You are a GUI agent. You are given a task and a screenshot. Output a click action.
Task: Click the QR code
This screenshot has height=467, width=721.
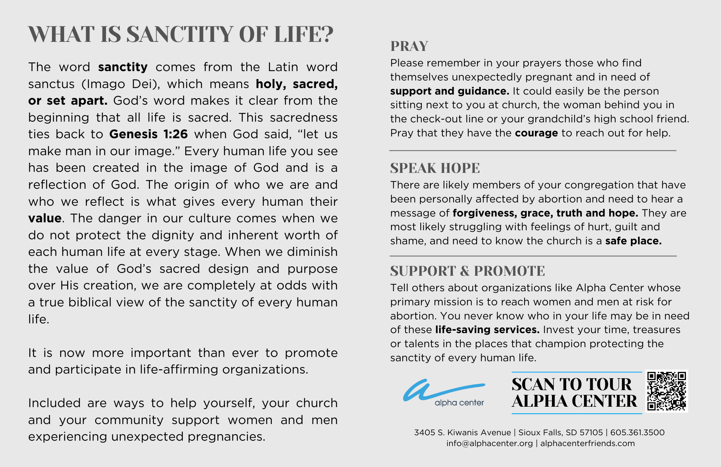(x=667, y=391)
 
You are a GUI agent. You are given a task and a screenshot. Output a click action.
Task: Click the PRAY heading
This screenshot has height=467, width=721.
(x=409, y=46)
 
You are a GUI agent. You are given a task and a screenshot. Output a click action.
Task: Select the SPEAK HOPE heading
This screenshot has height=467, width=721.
(x=435, y=168)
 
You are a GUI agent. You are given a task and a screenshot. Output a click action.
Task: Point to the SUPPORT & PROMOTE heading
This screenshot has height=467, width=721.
(x=467, y=271)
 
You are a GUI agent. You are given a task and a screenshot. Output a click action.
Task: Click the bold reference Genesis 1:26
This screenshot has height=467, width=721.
(x=149, y=134)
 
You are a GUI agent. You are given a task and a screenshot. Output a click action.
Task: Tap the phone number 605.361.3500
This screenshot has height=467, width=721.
(x=637, y=432)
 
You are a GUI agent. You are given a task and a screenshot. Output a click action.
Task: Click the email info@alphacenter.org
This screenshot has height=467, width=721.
(x=489, y=443)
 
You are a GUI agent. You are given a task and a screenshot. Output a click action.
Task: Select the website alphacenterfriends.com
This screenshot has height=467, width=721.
(x=587, y=443)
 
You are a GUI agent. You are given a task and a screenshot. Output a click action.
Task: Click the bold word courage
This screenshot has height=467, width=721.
(x=536, y=133)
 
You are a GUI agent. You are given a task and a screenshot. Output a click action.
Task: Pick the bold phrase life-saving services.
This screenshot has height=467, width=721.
(x=487, y=330)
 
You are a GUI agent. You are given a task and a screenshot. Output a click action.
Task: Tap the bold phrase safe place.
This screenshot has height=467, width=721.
(x=633, y=241)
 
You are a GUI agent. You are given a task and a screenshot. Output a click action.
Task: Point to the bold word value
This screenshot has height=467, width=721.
(x=45, y=218)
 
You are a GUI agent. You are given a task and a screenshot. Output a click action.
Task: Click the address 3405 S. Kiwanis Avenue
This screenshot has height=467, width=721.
(x=462, y=432)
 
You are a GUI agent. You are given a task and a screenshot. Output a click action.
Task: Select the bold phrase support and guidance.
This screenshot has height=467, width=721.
(x=449, y=91)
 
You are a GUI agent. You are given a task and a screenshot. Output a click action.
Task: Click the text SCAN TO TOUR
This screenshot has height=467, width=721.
(x=571, y=384)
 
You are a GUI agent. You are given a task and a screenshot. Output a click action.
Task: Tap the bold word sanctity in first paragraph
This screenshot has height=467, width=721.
(x=123, y=67)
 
